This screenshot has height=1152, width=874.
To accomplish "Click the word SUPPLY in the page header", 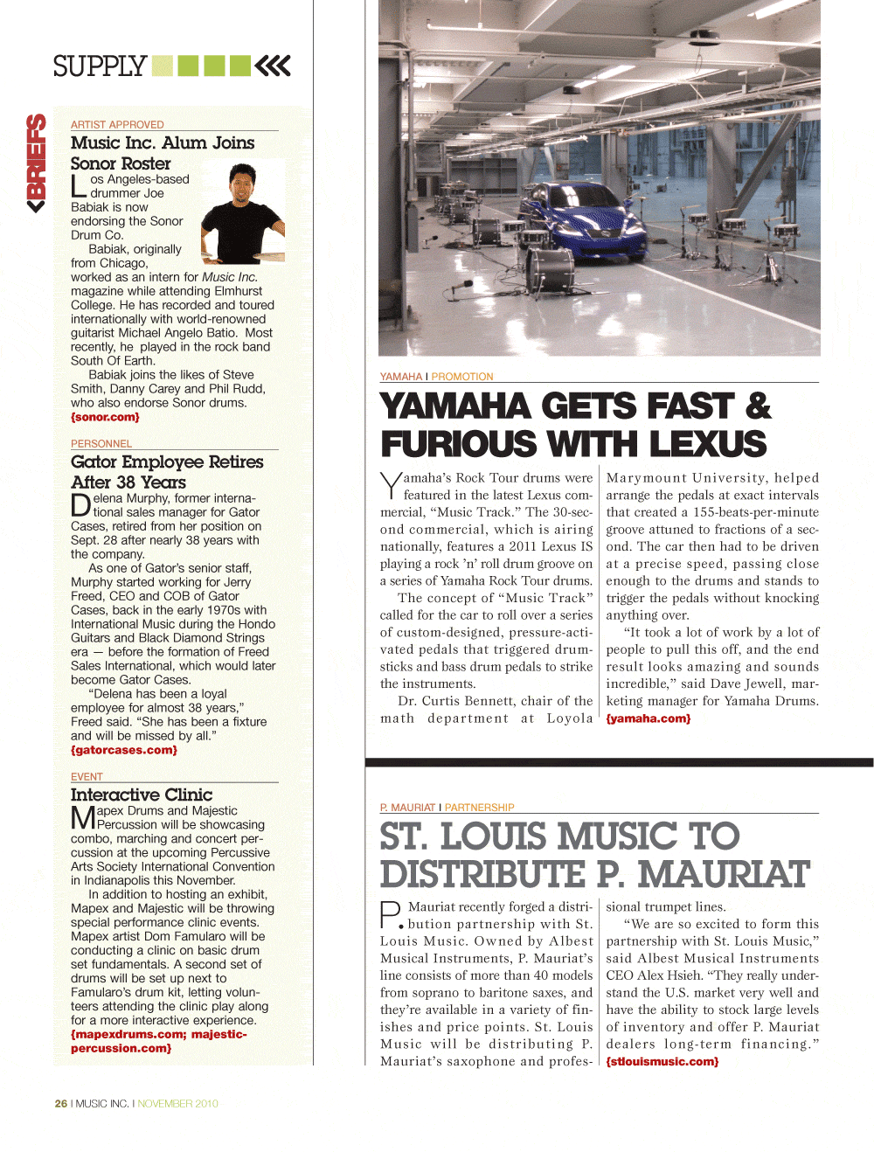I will [x=100, y=66].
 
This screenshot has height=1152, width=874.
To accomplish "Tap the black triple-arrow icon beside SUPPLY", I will [x=273, y=66].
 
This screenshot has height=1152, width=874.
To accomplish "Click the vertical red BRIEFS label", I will [x=36, y=163].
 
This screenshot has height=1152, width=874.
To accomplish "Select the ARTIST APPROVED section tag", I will [x=117, y=125].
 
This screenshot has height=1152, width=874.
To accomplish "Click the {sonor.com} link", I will [x=105, y=418].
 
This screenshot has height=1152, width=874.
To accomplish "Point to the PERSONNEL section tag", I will [x=101, y=444].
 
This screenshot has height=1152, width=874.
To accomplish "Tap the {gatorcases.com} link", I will [x=123, y=750].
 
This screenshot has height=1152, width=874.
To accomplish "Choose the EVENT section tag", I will [x=87, y=777].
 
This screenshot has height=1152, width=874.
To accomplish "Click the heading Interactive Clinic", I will [x=142, y=795].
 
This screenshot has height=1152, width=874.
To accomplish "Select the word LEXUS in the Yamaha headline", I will [x=707, y=444].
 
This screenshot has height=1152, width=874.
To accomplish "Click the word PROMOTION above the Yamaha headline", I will [x=461, y=377].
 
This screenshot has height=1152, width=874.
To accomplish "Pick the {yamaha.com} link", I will [x=648, y=718].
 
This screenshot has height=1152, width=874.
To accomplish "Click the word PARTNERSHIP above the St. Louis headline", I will [x=479, y=808].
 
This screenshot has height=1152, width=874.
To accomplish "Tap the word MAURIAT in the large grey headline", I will [x=725, y=874].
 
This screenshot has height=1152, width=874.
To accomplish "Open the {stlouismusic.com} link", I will [x=662, y=1062].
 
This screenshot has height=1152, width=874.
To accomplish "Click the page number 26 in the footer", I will [x=61, y=1104].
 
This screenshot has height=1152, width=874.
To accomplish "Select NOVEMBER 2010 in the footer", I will [x=177, y=1104].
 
